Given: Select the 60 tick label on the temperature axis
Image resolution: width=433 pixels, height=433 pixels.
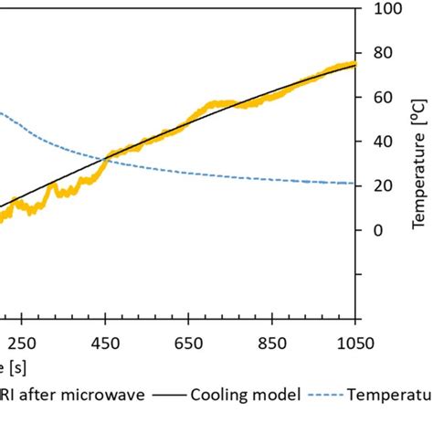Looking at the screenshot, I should pyautogui.click(x=383, y=98).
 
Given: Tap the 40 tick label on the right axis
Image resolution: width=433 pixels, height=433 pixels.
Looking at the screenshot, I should pyautogui.click(x=383, y=142).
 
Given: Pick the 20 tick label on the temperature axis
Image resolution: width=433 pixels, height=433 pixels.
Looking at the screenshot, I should pyautogui.click(x=383, y=186).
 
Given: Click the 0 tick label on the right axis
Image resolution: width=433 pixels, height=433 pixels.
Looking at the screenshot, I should pyautogui.click(x=378, y=230).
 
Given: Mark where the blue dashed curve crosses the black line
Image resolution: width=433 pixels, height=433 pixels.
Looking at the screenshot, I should pyautogui.click(x=106, y=161).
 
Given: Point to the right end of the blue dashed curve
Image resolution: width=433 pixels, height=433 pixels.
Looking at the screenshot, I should pyautogui.click(x=354, y=184).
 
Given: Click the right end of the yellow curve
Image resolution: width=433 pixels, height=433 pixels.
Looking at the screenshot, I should pyautogui.click(x=354, y=63).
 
